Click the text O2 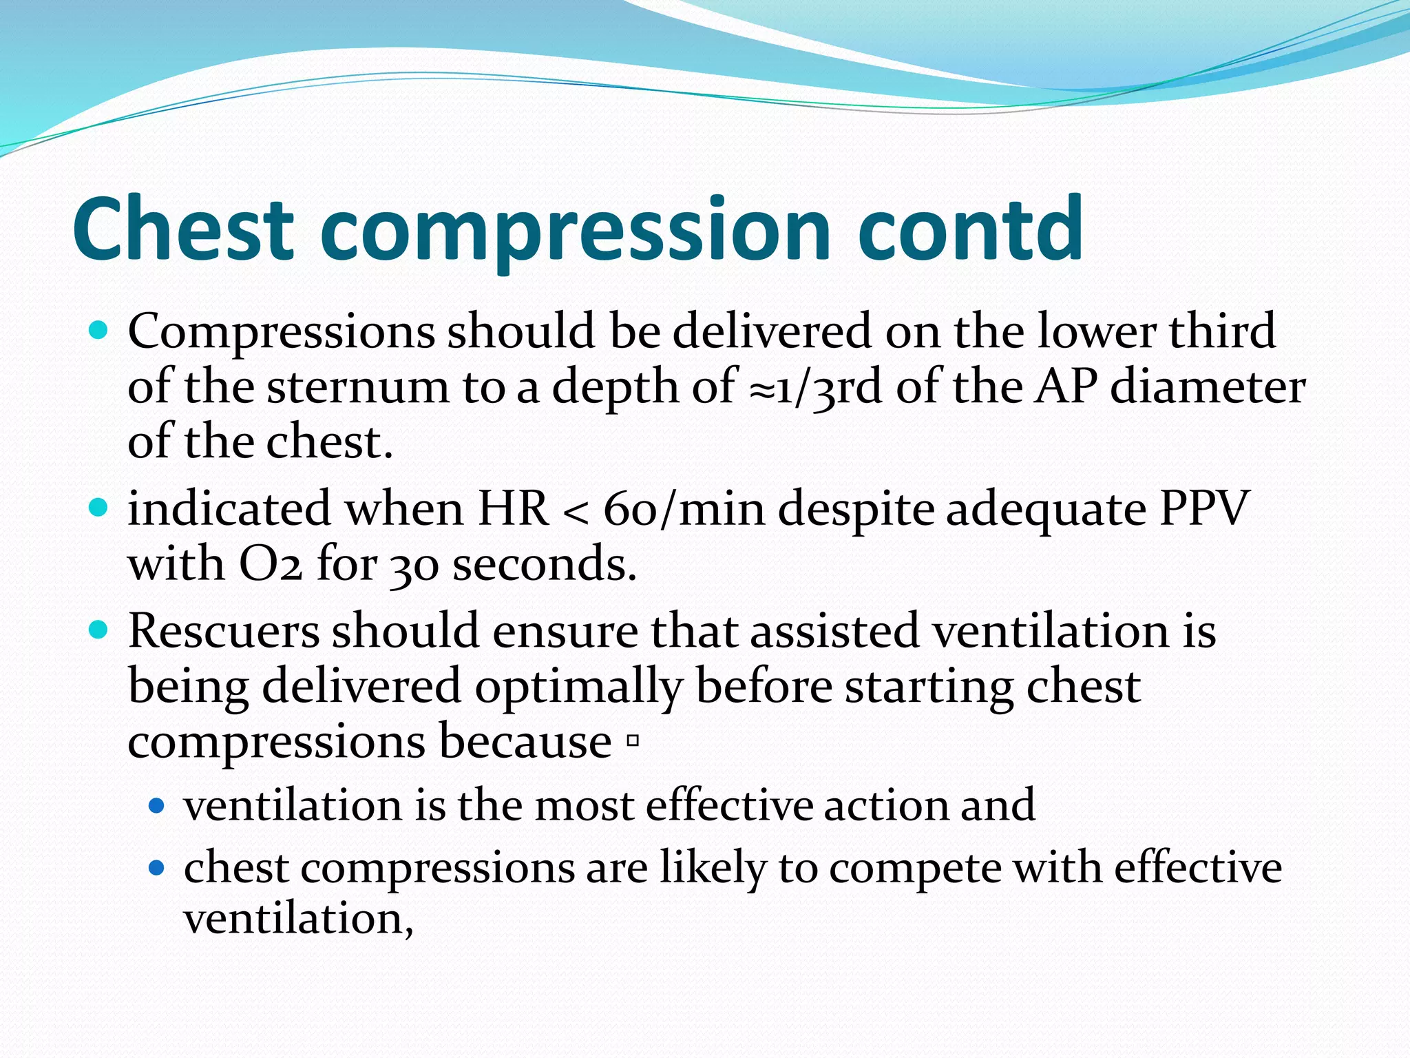pos(271,565)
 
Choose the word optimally pos(578,687)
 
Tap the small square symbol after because pos(633,742)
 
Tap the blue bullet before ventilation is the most pos(157,805)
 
